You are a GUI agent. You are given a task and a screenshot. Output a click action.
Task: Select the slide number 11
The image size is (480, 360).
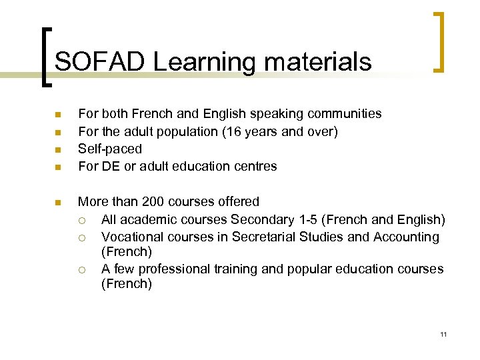click(x=443, y=334)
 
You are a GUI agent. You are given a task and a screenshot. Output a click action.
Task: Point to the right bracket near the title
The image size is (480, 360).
click(x=438, y=41)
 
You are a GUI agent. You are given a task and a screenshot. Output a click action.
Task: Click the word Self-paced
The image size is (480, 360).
click(x=110, y=149)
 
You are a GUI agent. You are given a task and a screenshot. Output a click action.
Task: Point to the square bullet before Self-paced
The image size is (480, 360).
click(x=58, y=149)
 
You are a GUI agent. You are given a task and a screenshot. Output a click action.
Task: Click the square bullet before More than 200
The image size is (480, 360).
click(x=58, y=202)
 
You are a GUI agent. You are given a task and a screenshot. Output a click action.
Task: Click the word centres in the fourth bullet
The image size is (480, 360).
click(x=254, y=166)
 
